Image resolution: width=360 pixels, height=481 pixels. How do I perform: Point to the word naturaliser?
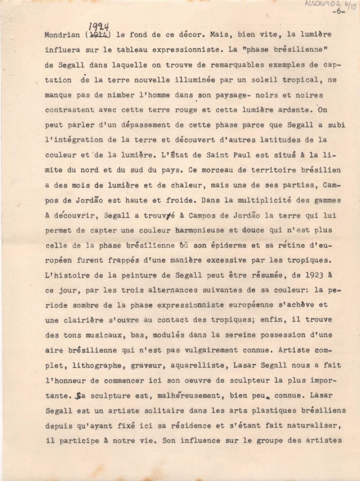click(318, 426)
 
